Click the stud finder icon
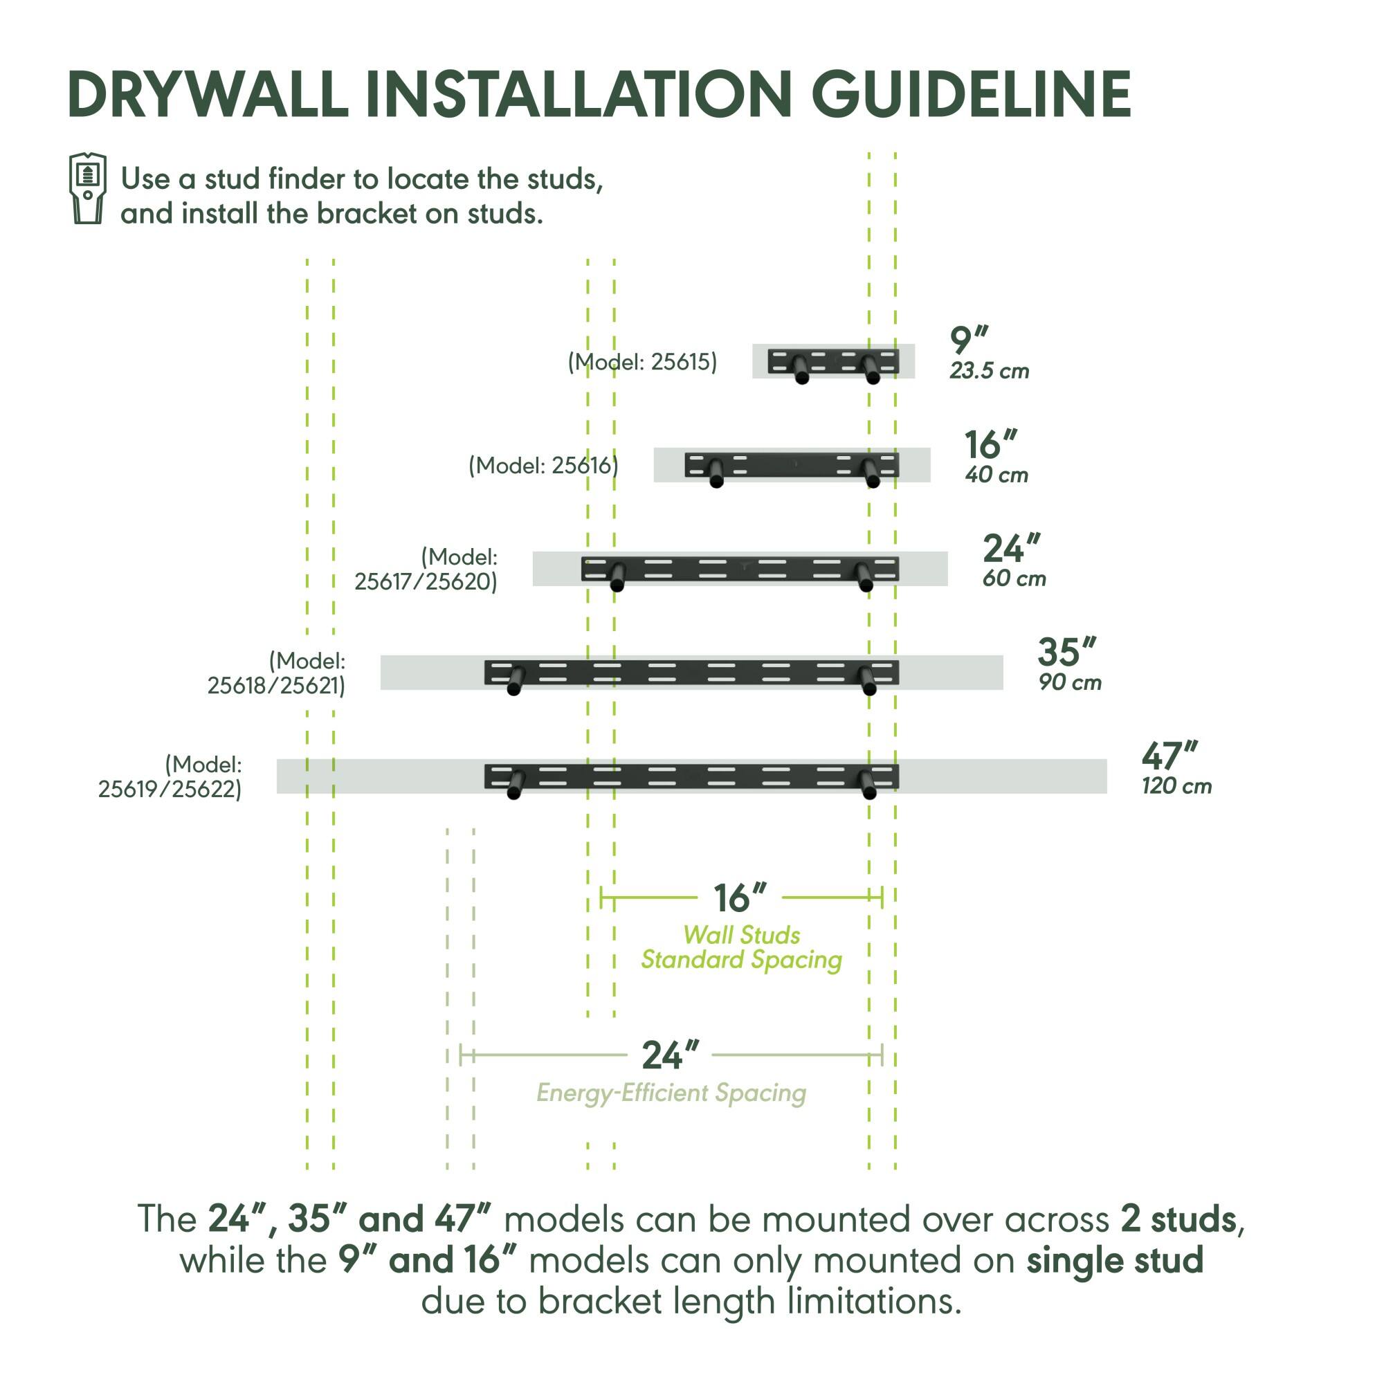[87, 188]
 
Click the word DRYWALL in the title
[208, 95]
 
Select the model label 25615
[642, 362]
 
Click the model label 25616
[543, 466]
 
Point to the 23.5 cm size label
[989, 371]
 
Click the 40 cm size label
[996, 475]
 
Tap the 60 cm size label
[1014, 579]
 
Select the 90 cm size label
[1070, 683]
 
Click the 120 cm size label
[1176, 787]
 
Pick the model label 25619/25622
[170, 777]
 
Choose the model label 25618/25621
[276, 673]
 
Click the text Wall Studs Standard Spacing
[741, 947]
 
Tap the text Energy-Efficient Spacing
[671, 1093]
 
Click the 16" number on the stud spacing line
[739, 898]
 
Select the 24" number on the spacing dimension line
[670, 1055]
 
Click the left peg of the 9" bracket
[801, 370]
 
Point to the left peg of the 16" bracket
[716, 473]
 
